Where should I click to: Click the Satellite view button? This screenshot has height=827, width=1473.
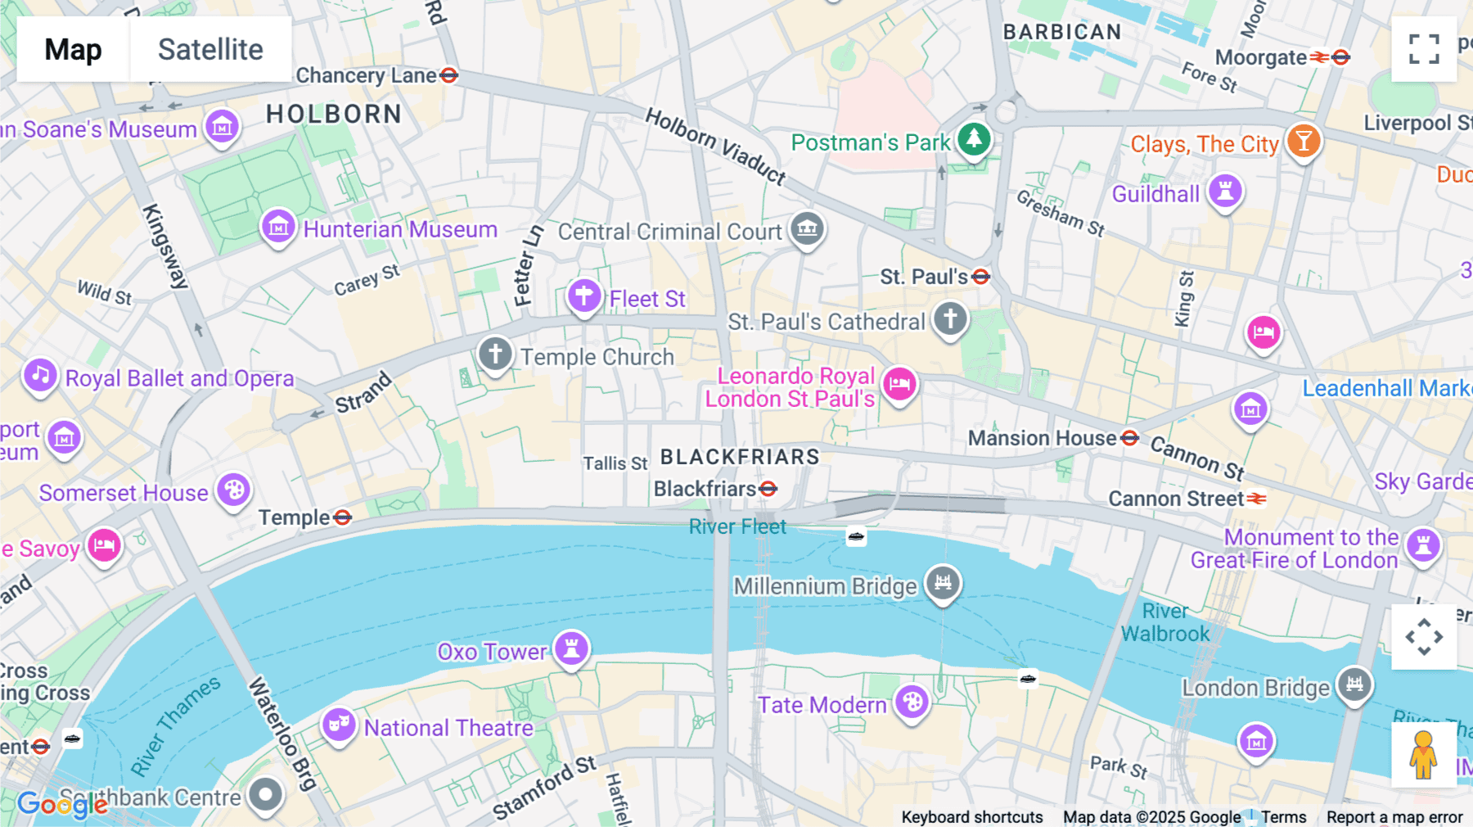coord(210,49)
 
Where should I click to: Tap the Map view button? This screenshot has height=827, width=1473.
coord(73,49)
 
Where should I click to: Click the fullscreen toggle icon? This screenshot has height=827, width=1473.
coord(1424,49)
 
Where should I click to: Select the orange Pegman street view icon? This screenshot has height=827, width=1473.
coord(1423,754)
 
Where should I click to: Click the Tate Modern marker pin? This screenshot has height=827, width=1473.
coord(912,702)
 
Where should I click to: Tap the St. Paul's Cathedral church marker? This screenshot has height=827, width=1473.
coord(950,319)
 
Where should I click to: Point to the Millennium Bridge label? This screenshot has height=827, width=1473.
coord(825,586)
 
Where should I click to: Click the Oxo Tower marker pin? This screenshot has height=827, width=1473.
coord(571,648)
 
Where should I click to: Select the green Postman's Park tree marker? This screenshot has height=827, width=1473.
coord(973,139)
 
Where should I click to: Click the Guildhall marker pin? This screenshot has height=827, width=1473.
coord(1225,192)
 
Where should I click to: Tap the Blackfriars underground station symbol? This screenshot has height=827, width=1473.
coord(768,489)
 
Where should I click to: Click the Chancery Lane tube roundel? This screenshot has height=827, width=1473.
coord(448,75)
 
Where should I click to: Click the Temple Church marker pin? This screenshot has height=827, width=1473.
coord(495,355)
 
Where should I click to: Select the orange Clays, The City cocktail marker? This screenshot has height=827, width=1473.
coord(1303,141)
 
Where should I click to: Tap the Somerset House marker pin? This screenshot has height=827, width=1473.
coord(234,490)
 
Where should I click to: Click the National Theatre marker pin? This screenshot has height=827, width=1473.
coord(338,725)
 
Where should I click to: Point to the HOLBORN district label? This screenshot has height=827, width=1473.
coord(334,114)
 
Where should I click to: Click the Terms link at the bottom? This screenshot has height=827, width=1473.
coord(1283,816)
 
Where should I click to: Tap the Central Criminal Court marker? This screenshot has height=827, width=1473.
coord(807,228)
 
